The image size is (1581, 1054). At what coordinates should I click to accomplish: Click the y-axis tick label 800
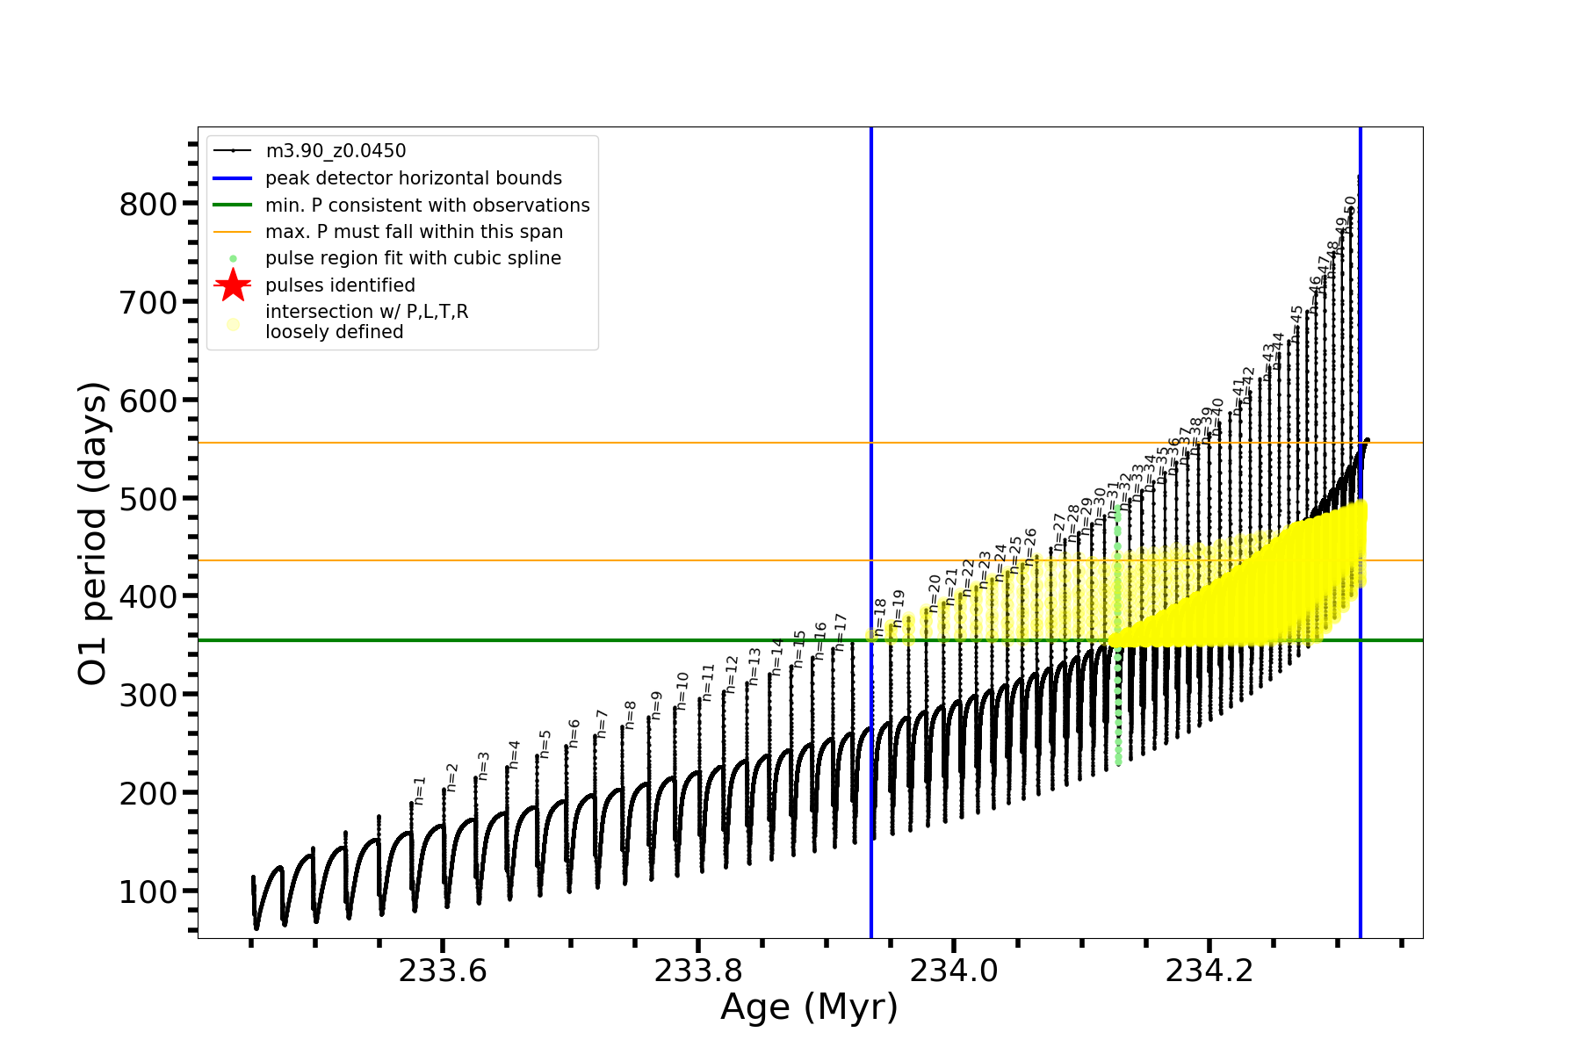pyautogui.click(x=148, y=205)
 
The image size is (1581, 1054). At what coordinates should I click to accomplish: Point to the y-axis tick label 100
pyautogui.click(x=148, y=892)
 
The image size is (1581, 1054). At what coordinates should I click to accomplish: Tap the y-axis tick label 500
pyautogui.click(x=148, y=499)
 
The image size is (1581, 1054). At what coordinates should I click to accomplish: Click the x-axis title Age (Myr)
pyautogui.click(x=809, y=1007)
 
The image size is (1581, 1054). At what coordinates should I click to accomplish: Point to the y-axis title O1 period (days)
pyautogui.click(x=92, y=533)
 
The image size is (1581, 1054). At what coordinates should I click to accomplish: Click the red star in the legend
pyautogui.click(x=233, y=285)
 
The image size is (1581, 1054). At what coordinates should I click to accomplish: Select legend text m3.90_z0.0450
pyautogui.click(x=336, y=151)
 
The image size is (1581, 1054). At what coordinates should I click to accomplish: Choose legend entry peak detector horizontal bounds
pyautogui.click(x=413, y=178)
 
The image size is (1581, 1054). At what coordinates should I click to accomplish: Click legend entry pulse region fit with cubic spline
pyautogui.click(x=413, y=258)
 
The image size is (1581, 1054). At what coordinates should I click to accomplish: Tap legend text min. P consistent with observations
pyautogui.click(x=427, y=205)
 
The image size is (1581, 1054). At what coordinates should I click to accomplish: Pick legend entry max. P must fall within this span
pyautogui.click(x=414, y=232)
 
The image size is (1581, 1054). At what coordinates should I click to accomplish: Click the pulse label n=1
pyautogui.click(x=420, y=790)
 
